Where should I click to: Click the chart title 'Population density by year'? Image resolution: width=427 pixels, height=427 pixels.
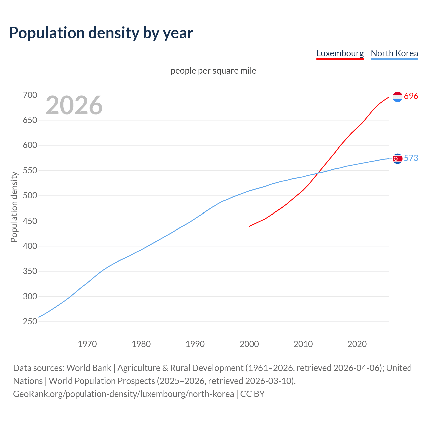click(x=101, y=33)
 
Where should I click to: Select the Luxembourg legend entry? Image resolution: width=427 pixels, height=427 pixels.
click(x=340, y=53)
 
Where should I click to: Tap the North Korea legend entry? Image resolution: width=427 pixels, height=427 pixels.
click(x=394, y=53)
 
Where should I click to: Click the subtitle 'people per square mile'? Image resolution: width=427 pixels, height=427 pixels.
click(x=213, y=71)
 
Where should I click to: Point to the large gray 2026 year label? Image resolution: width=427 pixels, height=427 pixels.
click(x=74, y=106)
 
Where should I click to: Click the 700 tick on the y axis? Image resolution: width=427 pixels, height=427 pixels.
click(x=30, y=95)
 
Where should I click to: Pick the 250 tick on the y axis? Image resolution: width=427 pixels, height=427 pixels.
click(x=30, y=322)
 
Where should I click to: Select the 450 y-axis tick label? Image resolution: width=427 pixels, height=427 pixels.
click(x=30, y=221)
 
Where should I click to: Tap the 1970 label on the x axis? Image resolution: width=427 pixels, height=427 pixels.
click(x=87, y=344)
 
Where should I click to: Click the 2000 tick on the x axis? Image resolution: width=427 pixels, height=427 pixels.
click(x=249, y=344)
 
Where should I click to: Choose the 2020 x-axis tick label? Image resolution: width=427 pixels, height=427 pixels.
click(x=357, y=344)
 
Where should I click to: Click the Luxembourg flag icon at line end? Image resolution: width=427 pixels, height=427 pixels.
click(x=397, y=97)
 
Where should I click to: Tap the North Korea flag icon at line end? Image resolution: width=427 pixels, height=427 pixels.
click(x=397, y=159)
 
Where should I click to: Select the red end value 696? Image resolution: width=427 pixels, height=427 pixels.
click(x=411, y=96)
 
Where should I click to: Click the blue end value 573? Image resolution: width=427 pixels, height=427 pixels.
click(x=411, y=158)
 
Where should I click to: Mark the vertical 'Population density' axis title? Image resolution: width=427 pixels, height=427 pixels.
click(x=14, y=207)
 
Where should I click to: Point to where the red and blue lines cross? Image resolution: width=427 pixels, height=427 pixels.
click(x=317, y=173)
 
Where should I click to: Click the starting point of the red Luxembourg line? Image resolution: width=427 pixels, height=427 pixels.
click(x=249, y=226)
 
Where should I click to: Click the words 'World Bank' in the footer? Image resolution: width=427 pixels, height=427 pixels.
click(x=89, y=368)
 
